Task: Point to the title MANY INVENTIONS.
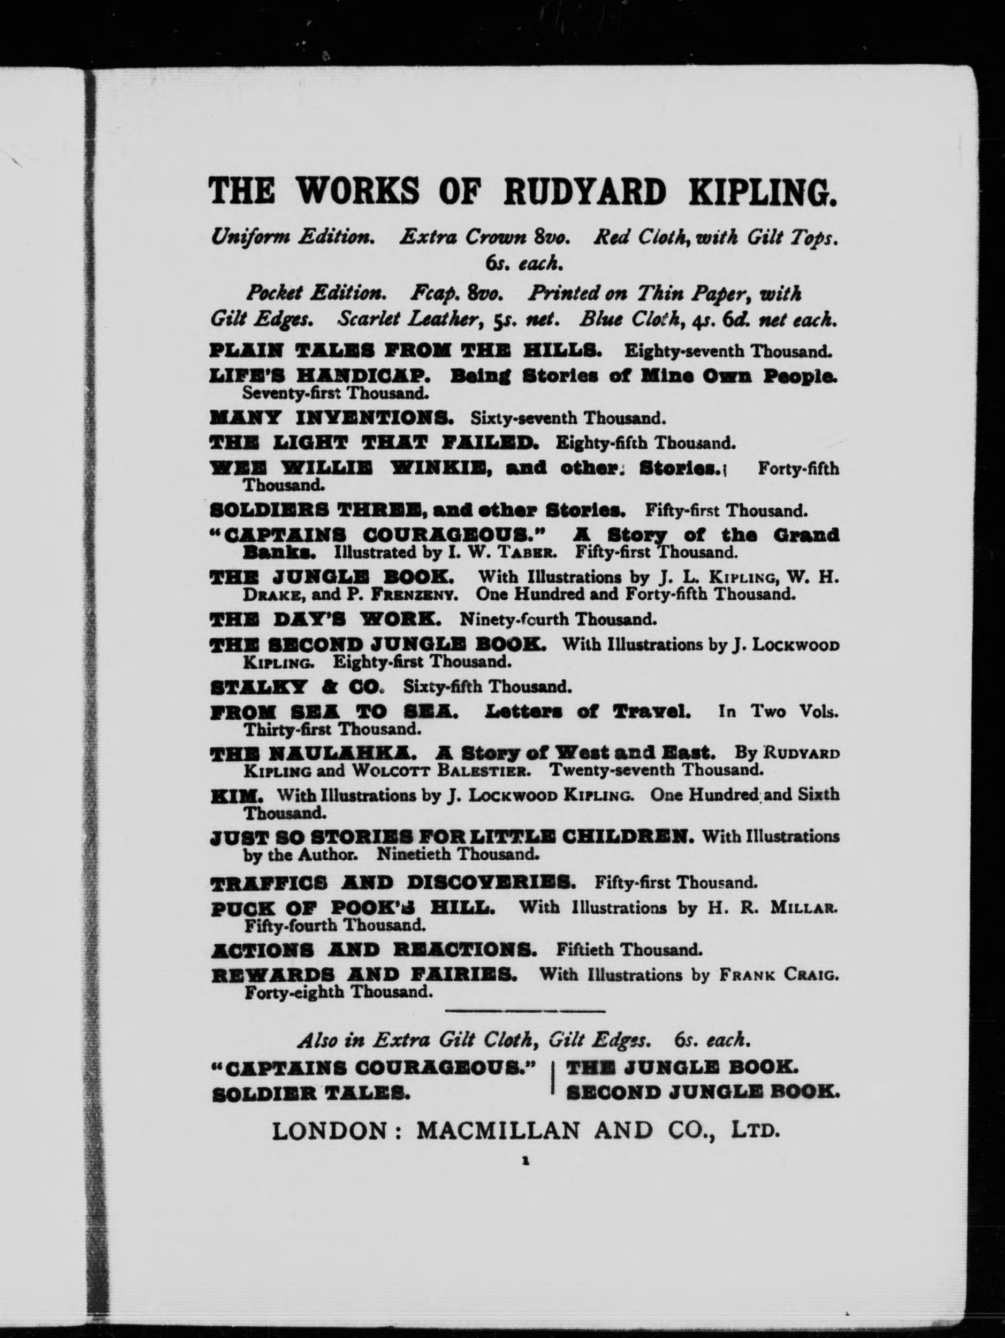point(331,418)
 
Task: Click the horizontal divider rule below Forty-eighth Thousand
point(524,1010)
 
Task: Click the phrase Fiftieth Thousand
point(629,950)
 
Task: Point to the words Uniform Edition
point(293,238)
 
